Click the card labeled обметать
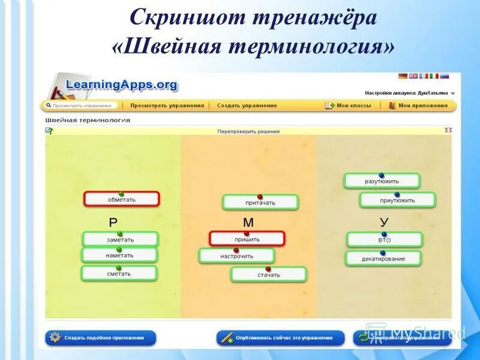tap(122, 199)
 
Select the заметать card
tap(121, 239)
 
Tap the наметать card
tap(119, 256)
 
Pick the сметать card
tap(119, 274)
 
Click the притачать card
tap(260, 203)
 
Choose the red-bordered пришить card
tap(247, 239)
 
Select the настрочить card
tap(236, 256)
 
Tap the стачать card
tap(269, 275)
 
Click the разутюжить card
tap(382, 181)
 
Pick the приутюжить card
tap(397, 200)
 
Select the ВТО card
tap(385, 240)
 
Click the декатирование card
tap(383, 259)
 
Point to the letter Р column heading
tap(113, 223)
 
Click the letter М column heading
tap(248, 223)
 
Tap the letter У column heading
tap(384, 222)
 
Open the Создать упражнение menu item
tap(247, 106)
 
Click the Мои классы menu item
tap(353, 106)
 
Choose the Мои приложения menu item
tap(423, 106)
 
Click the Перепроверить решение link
tap(248, 131)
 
